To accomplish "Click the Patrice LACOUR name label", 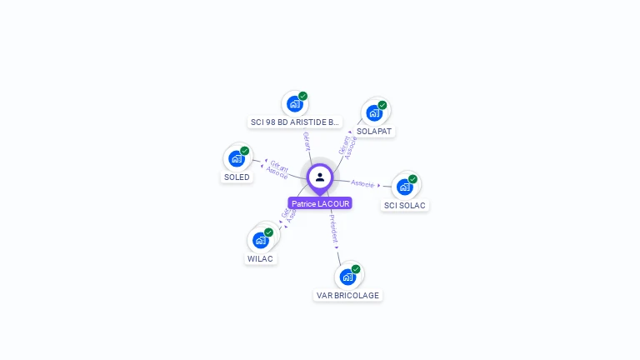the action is pos(320,203).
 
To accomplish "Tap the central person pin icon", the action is pos(320,177).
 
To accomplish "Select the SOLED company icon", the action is pos(237,157).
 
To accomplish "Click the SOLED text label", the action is pos(237,177).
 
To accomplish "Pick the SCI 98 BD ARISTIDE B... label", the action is pos(295,122).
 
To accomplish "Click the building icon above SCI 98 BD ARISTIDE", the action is pos(294,103).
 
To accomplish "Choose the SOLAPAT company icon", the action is pos(374,112).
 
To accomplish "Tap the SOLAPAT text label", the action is pos(374,132).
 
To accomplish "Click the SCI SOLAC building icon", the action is pos(405,186).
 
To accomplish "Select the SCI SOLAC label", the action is pos(406,206).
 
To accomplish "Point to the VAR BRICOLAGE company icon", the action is pos(347,276).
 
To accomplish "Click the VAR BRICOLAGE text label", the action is pos(347,296).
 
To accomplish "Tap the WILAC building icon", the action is pos(261,239).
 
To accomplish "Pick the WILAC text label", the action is pos(261,259).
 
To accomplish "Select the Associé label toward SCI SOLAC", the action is pos(363,183).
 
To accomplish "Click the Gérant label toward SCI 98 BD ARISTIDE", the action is pos(307,141).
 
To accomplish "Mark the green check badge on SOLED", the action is pos(245,151).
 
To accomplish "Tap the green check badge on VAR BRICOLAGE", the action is pos(356,269).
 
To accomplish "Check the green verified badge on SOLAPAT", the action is pos(382,105).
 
